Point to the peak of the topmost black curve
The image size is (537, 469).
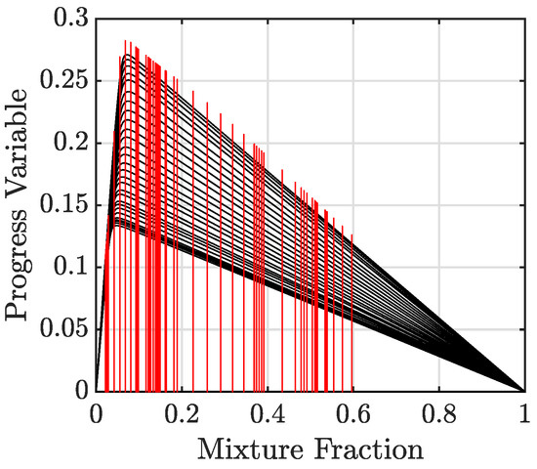point(128,55)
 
